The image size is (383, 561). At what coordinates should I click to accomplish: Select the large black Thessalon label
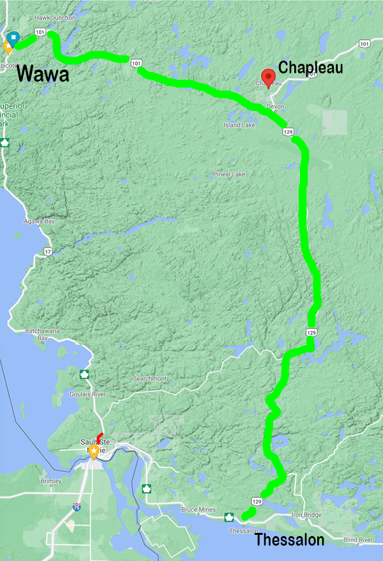pyautogui.click(x=289, y=541)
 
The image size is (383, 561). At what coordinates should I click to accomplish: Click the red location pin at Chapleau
pyautogui.click(x=268, y=73)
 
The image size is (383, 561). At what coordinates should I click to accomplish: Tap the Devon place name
pyautogui.click(x=275, y=106)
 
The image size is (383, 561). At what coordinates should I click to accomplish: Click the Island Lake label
pyautogui.click(x=239, y=125)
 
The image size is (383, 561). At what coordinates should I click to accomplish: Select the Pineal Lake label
pyautogui.click(x=230, y=174)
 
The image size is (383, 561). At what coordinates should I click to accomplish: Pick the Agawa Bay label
pyautogui.click(x=40, y=221)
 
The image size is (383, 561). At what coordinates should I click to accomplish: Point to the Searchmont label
pyautogui.click(x=149, y=378)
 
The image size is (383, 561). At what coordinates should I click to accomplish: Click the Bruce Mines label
pyautogui.click(x=197, y=511)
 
